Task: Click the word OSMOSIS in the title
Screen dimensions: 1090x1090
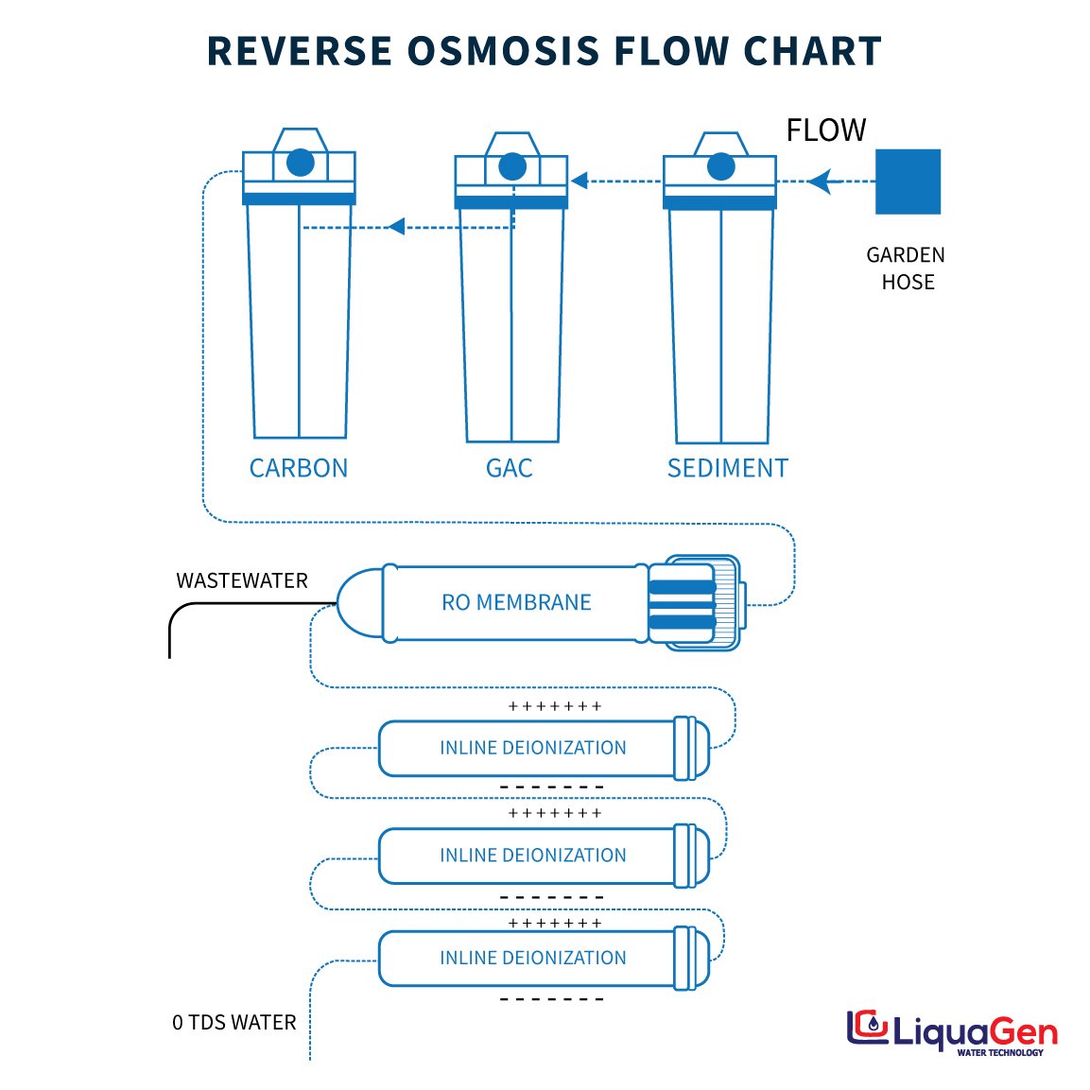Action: point(504,51)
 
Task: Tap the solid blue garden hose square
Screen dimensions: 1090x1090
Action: point(908,182)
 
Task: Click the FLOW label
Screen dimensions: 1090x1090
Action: point(826,130)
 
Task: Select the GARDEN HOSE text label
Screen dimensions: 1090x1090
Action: point(907,268)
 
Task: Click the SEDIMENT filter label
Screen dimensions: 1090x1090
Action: point(727,468)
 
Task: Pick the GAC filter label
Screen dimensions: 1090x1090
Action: point(509,468)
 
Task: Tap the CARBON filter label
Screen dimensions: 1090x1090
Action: point(298,468)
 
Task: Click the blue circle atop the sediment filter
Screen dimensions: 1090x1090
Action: point(720,167)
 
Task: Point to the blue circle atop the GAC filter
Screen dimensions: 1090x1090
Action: point(512,167)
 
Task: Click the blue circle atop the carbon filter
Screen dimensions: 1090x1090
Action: point(300,163)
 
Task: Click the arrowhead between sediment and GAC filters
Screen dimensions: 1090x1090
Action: point(580,181)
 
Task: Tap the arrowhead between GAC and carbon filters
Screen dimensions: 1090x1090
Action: point(397,226)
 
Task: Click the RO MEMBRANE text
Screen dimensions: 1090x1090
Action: point(516,602)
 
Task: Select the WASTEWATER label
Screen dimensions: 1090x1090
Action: point(242,580)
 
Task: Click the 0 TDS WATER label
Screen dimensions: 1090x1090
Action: point(234,1022)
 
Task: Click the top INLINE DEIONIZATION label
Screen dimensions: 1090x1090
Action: point(532,748)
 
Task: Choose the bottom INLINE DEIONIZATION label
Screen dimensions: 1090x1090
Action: point(532,958)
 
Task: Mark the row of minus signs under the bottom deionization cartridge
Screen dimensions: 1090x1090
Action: point(551,999)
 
